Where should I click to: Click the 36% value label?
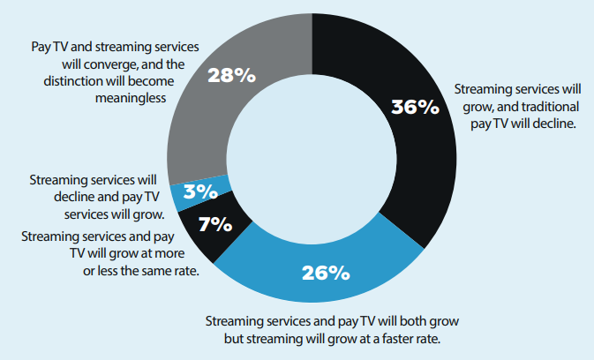coord(414,107)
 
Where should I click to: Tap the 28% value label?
coord(231,75)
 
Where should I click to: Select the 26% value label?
coord(327,273)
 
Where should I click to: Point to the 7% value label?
coord(215,225)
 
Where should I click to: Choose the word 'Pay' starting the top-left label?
coord(41,45)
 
